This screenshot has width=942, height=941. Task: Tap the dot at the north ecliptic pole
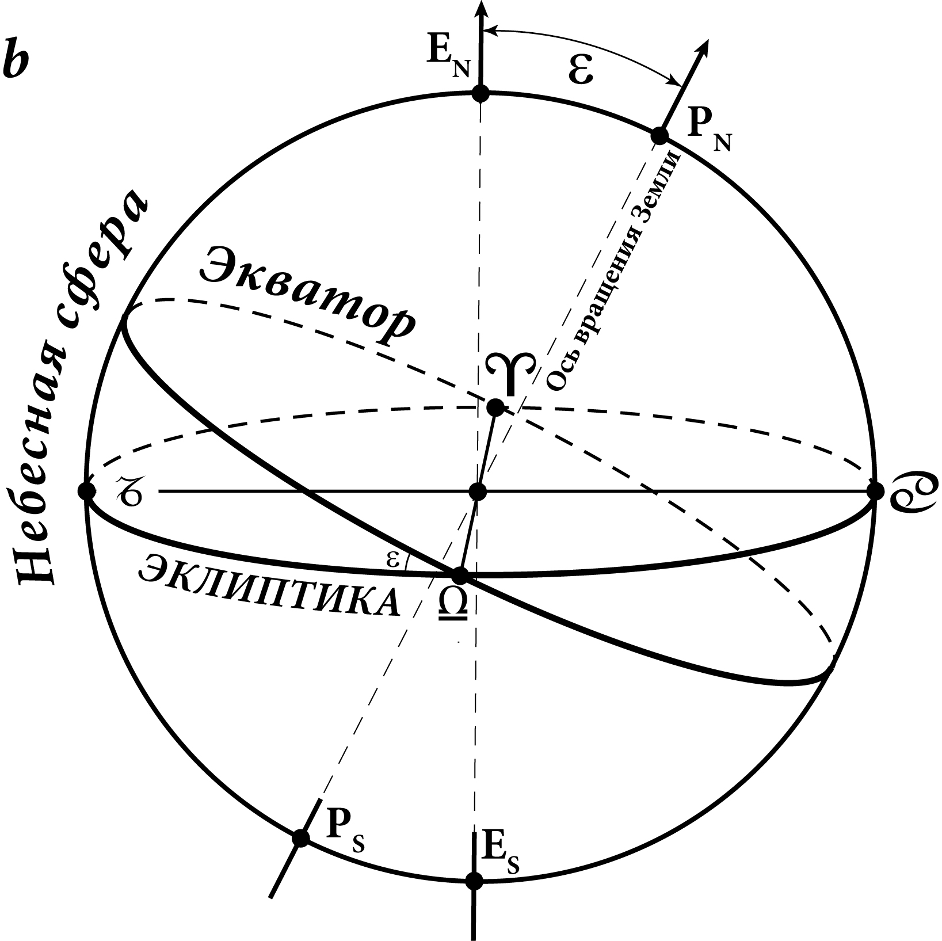[480, 93]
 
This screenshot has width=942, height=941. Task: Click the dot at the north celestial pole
[659, 136]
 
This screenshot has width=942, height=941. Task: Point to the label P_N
[708, 134]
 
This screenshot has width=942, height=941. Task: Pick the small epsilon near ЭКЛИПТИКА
[393, 559]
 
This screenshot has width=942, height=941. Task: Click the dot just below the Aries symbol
[495, 407]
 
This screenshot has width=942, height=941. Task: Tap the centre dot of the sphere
[478, 492]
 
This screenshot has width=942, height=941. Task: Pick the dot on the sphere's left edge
[86, 492]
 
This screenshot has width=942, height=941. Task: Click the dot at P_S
[300, 837]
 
